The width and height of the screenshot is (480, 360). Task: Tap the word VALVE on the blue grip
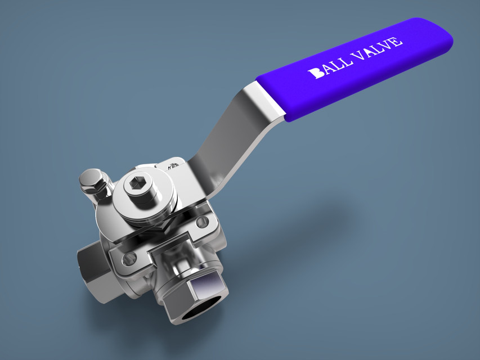(x=376, y=48)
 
